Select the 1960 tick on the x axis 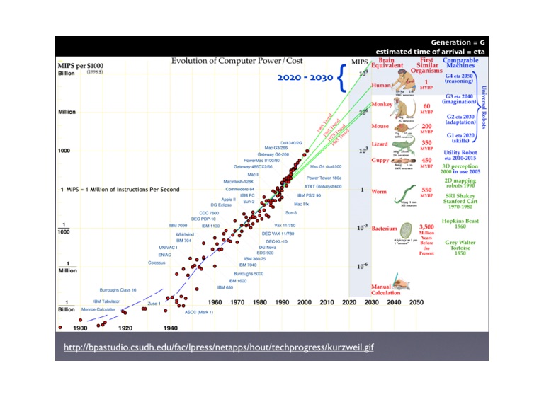(x=215, y=303)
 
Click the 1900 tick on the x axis (x=80, y=329)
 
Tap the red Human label (x=380, y=86)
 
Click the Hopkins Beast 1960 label (x=460, y=224)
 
